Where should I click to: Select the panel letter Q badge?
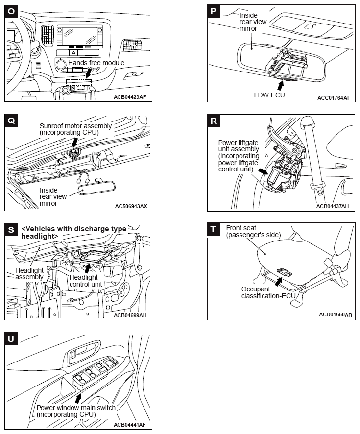coord(11,121)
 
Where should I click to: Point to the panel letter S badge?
coord(11,229)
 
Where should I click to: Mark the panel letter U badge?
coord(11,338)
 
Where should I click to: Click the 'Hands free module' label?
coord(96,63)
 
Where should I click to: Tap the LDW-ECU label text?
coord(269,95)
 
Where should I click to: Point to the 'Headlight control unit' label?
coord(86,280)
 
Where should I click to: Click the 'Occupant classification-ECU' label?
coord(264,292)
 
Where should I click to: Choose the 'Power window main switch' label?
coord(76,411)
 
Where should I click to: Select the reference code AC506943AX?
coord(130,206)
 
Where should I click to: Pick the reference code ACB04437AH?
coord(333,206)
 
